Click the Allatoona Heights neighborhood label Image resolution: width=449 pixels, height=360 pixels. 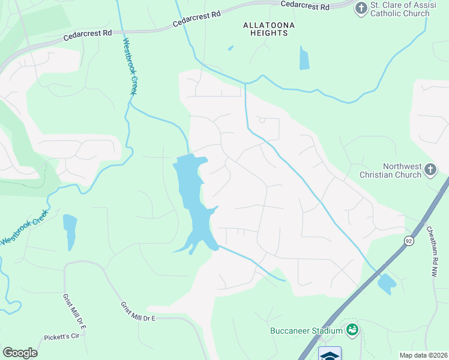tap(265, 29)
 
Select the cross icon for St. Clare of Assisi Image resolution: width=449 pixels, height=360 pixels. tap(361, 8)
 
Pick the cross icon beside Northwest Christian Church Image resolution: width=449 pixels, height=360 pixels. tap(430, 170)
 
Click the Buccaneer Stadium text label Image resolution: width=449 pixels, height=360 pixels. tap(306, 330)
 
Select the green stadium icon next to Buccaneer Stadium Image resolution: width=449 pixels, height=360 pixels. tap(353, 329)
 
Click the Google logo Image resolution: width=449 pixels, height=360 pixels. tap(20, 353)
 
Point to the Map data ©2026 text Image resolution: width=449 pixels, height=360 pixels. tap(423, 355)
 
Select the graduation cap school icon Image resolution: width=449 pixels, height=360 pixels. tap(330, 355)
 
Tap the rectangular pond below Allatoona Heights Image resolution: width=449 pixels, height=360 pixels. tap(304, 58)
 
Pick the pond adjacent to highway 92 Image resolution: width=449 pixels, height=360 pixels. tap(386, 283)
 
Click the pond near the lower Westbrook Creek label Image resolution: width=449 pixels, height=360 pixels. tap(70, 230)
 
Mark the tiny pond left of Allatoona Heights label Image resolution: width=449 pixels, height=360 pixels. tap(231, 48)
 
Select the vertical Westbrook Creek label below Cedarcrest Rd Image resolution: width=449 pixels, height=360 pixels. tap(130, 67)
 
